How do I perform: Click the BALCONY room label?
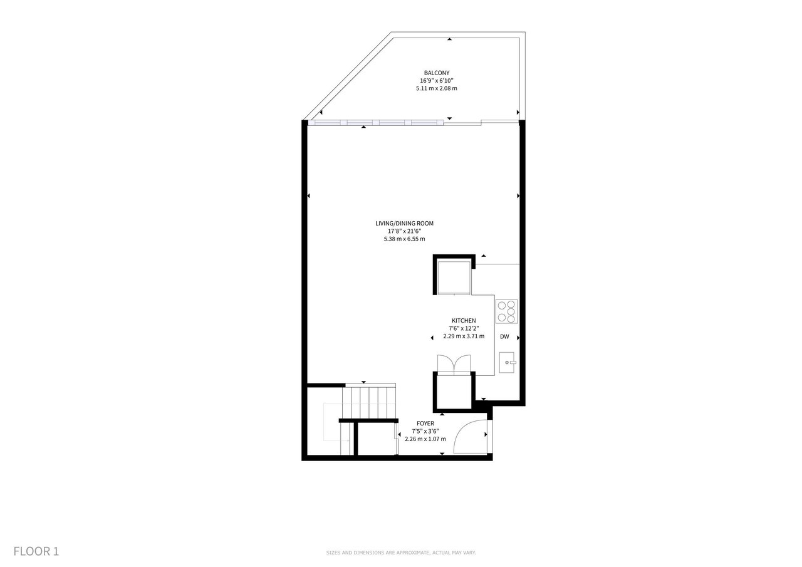437,73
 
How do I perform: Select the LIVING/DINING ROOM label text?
404,224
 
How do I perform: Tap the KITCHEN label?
464,321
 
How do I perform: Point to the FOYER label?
425,424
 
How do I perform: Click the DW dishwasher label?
504,337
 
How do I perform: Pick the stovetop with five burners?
507,311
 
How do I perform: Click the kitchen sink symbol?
508,363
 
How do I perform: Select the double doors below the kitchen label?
454,365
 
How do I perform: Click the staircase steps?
369,401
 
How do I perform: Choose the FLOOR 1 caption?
36,551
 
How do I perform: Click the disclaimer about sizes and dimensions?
401,553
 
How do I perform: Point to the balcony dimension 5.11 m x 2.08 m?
437,88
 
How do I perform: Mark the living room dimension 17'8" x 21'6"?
404,231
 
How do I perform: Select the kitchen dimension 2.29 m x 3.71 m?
464,336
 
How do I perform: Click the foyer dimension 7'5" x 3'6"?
425,431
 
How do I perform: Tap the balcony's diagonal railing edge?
347,76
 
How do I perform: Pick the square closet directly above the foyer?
454,392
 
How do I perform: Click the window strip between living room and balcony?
376,123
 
